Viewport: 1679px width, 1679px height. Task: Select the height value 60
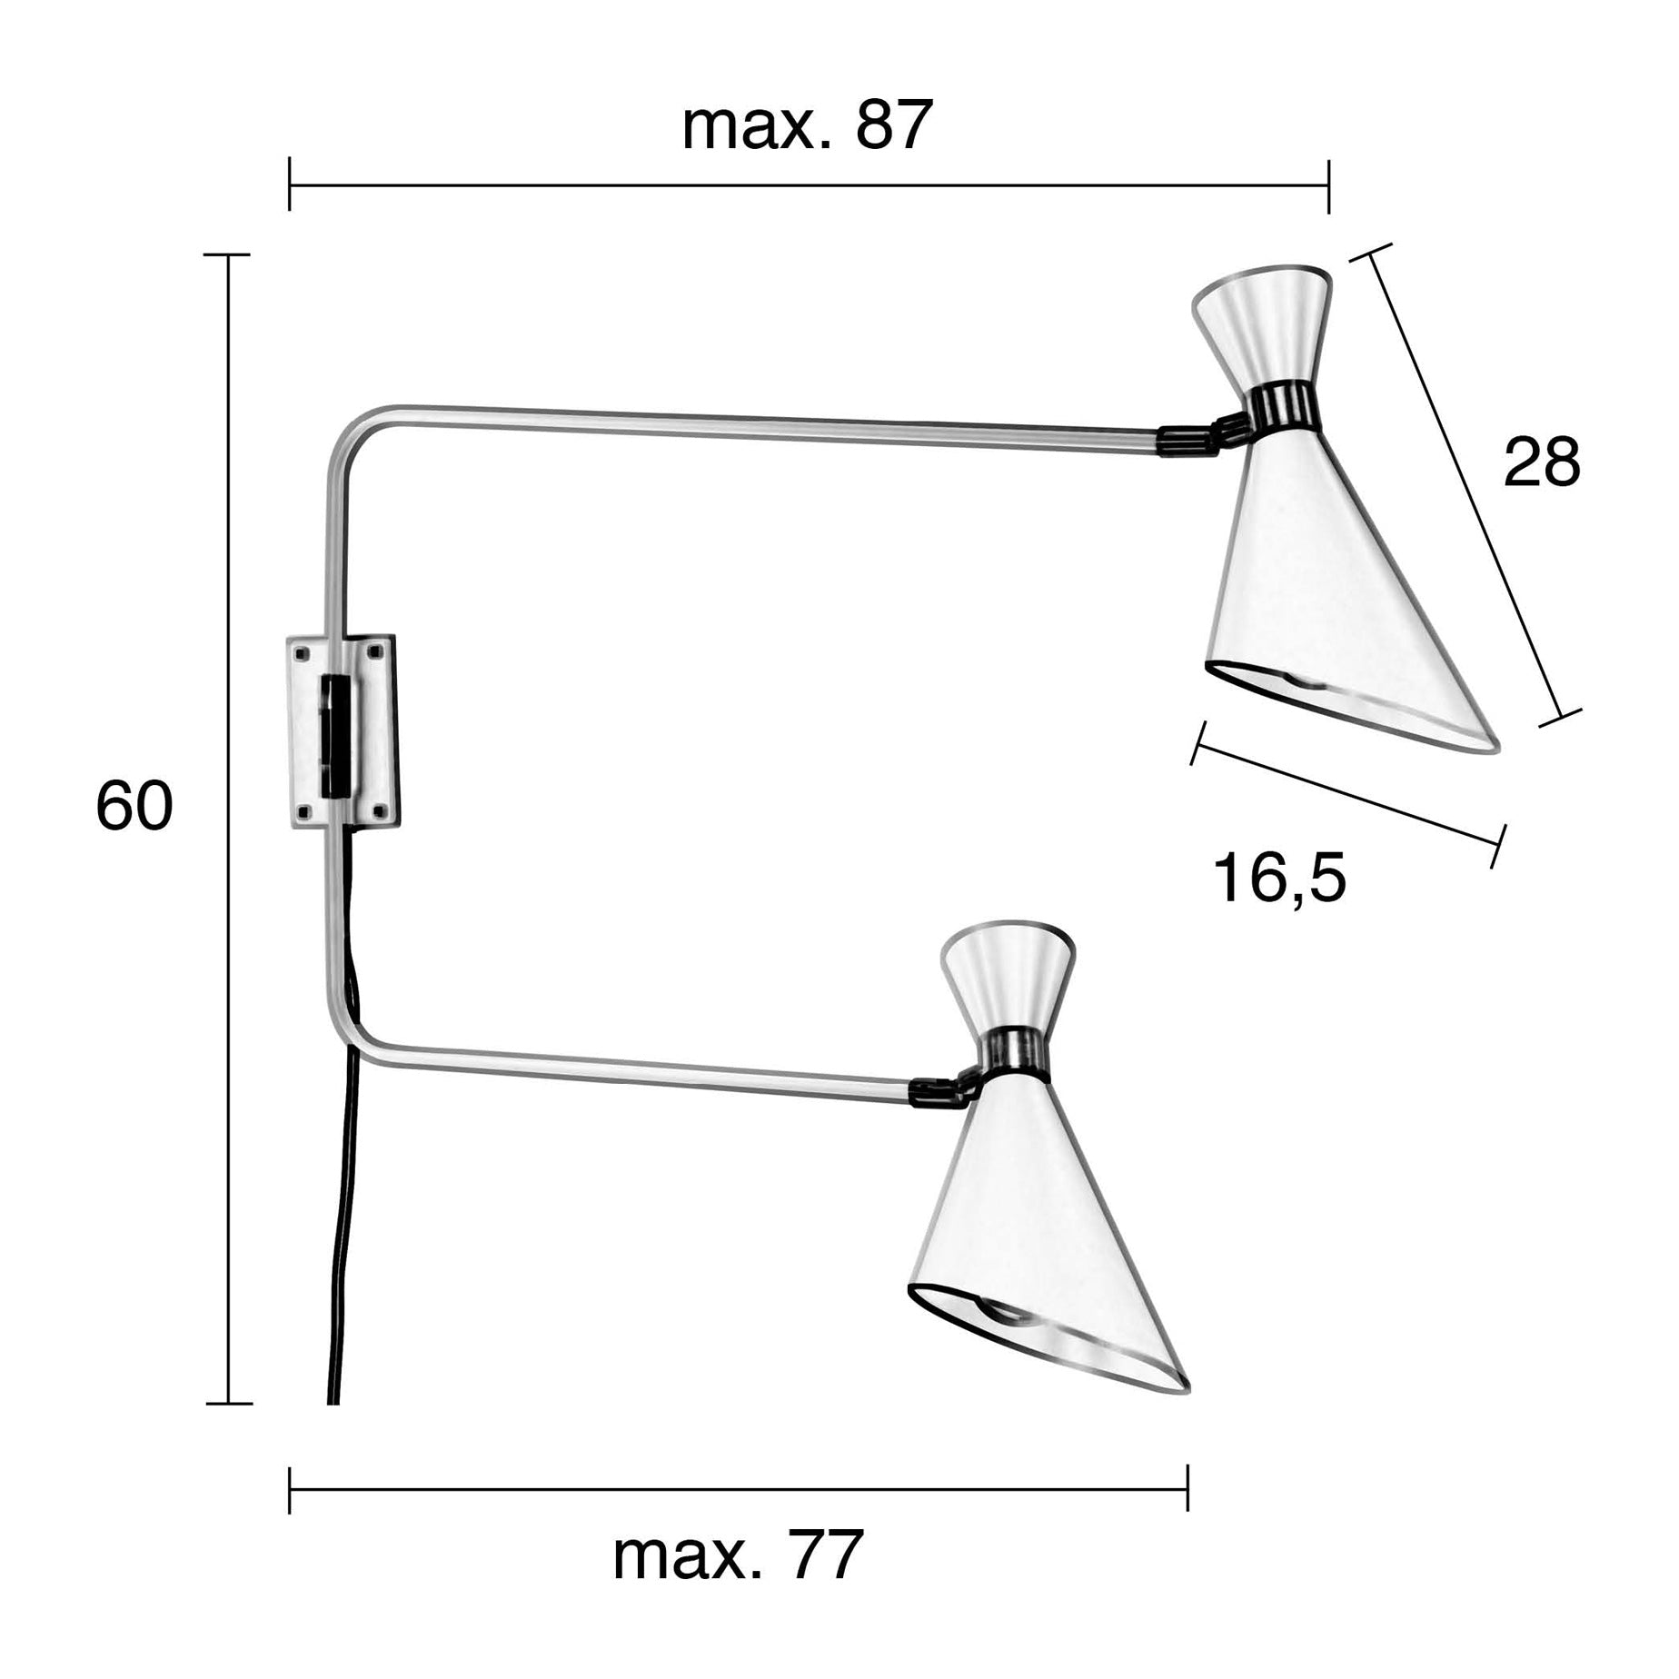(x=134, y=806)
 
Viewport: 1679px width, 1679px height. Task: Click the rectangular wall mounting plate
(x=343, y=731)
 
